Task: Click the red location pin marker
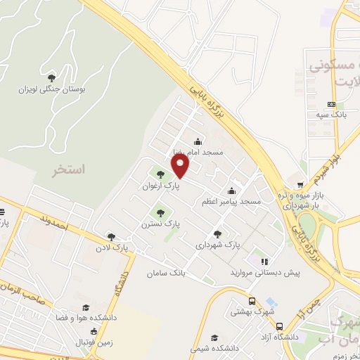click(181, 166)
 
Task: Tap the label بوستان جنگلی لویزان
click(49, 89)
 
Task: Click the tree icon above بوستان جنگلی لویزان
click(50, 77)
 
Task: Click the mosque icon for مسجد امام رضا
click(198, 140)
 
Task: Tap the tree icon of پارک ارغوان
click(161, 174)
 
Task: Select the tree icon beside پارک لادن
click(110, 237)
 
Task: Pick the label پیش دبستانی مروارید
click(265, 273)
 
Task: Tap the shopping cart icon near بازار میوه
click(301, 185)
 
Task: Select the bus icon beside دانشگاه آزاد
click(280, 327)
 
